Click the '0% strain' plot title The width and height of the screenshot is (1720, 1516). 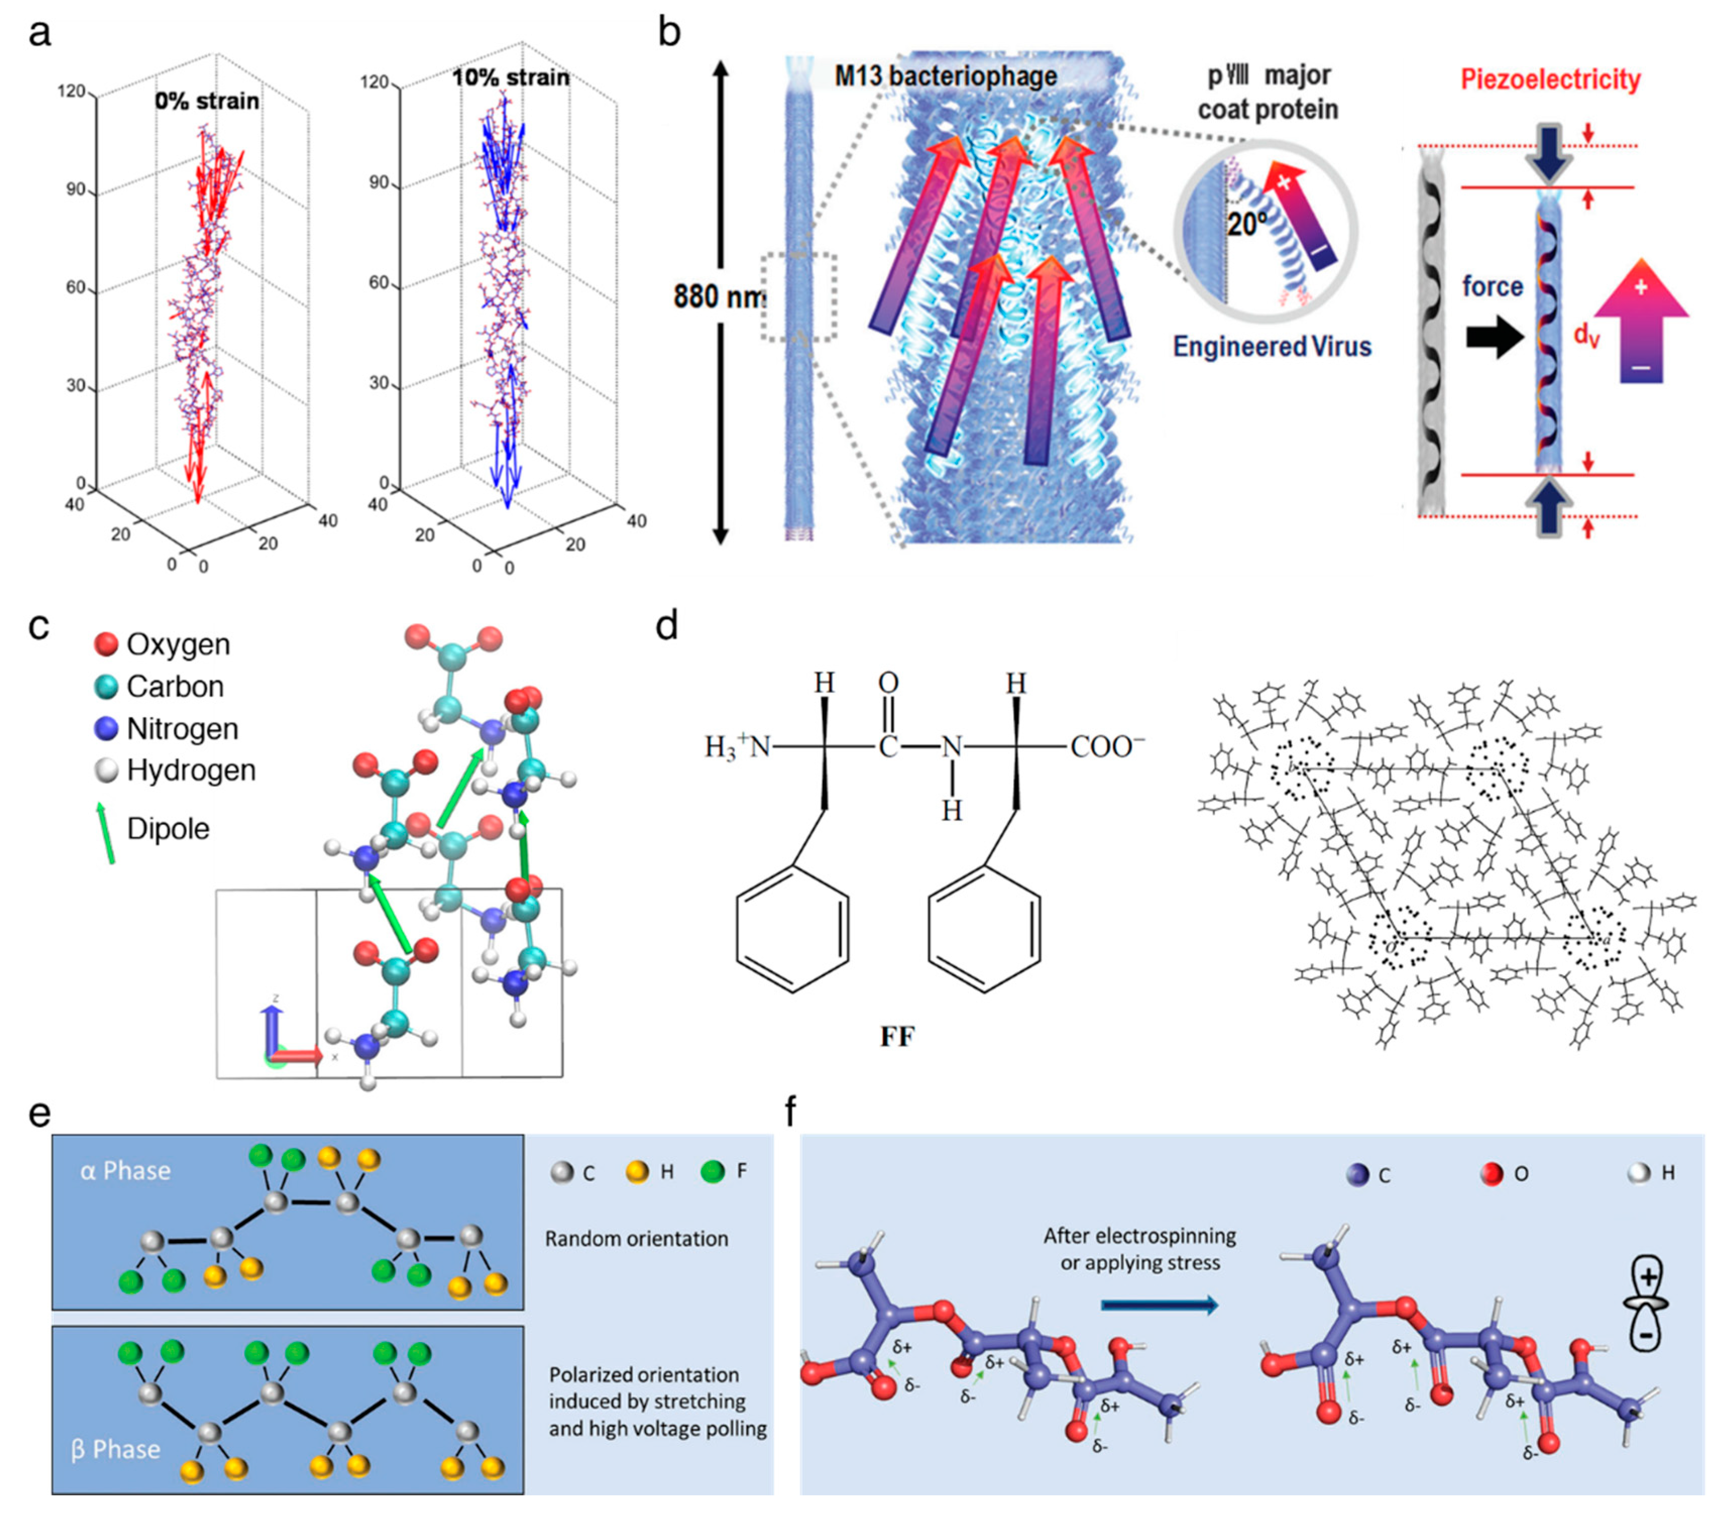(x=207, y=102)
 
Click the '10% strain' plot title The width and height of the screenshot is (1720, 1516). (x=511, y=78)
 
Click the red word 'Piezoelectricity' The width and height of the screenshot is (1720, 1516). (x=1550, y=80)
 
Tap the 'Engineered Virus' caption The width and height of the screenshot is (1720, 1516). (x=1272, y=346)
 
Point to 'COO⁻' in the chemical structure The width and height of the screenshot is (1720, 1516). (x=1107, y=746)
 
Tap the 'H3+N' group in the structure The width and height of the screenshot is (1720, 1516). (x=738, y=746)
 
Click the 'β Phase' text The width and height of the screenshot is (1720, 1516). (x=116, y=1449)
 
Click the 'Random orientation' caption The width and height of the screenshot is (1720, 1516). (x=636, y=1239)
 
